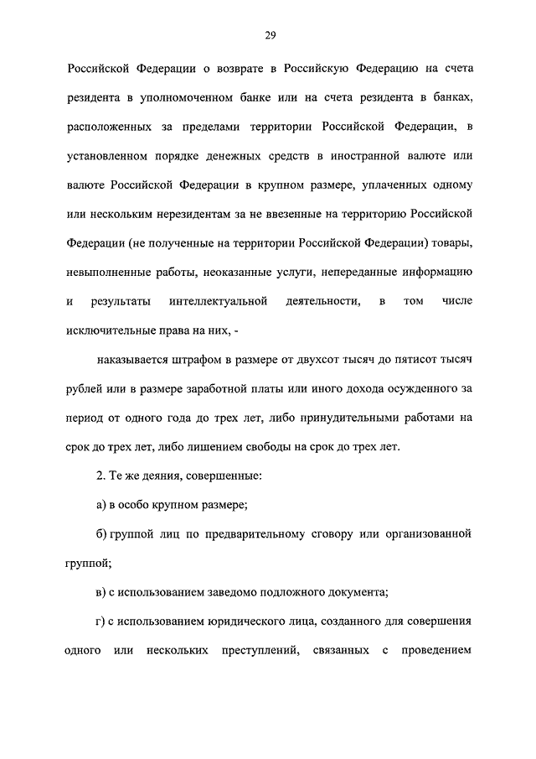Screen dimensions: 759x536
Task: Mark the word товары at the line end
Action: point(452,243)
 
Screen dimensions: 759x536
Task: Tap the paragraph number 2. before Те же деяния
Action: point(101,475)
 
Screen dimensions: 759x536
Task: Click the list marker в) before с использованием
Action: point(101,590)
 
